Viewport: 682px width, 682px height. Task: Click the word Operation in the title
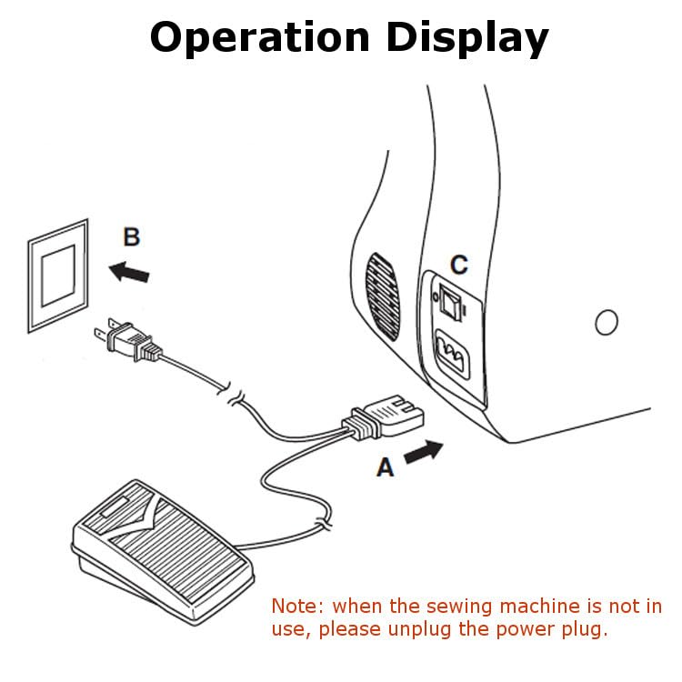(x=260, y=37)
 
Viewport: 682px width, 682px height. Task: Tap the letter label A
(x=386, y=467)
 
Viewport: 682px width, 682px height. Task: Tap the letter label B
(x=132, y=238)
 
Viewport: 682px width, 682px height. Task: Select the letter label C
(x=459, y=265)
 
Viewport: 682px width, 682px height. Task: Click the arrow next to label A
(x=424, y=451)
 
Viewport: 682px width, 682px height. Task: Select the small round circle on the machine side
(x=605, y=321)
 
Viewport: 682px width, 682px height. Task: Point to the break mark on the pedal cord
(x=321, y=525)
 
